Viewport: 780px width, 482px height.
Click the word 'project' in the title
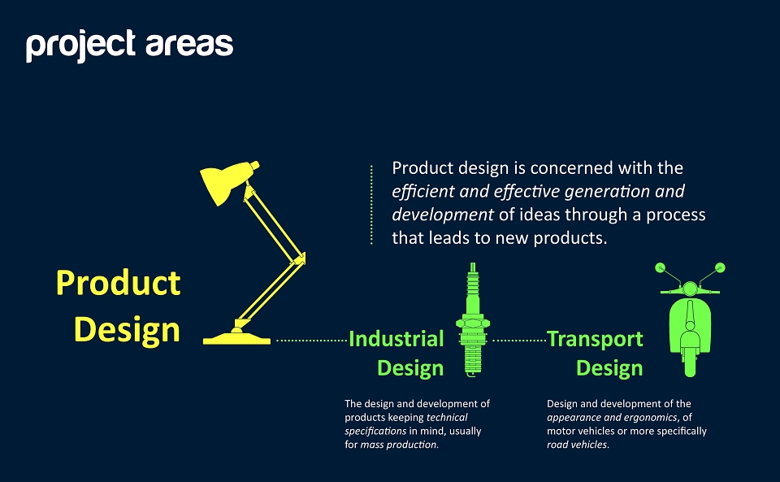[x=80, y=46]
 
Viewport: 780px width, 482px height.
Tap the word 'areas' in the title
[x=189, y=45]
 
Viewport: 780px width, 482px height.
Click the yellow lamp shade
[x=227, y=182]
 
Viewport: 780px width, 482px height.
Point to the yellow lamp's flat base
[x=236, y=339]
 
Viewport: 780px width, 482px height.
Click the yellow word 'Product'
[x=119, y=283]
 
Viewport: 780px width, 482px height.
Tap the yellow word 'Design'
[x=127, y=330]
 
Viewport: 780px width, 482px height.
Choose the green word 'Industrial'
[x=396, y=339]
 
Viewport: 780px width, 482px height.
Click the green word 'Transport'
[x=596, y=339]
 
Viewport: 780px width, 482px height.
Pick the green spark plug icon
[x=473, y=319]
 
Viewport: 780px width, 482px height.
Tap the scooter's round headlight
[x=690, y=289]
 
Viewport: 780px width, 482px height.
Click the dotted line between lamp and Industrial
[x=311, y=341]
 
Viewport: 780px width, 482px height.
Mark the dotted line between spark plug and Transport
[x=519, y=341]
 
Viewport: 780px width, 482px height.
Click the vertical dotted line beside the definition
[x=371, y=205]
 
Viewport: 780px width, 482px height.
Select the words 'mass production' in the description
[x=398, y=445]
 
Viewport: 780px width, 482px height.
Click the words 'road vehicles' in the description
[x=577, y=445]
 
